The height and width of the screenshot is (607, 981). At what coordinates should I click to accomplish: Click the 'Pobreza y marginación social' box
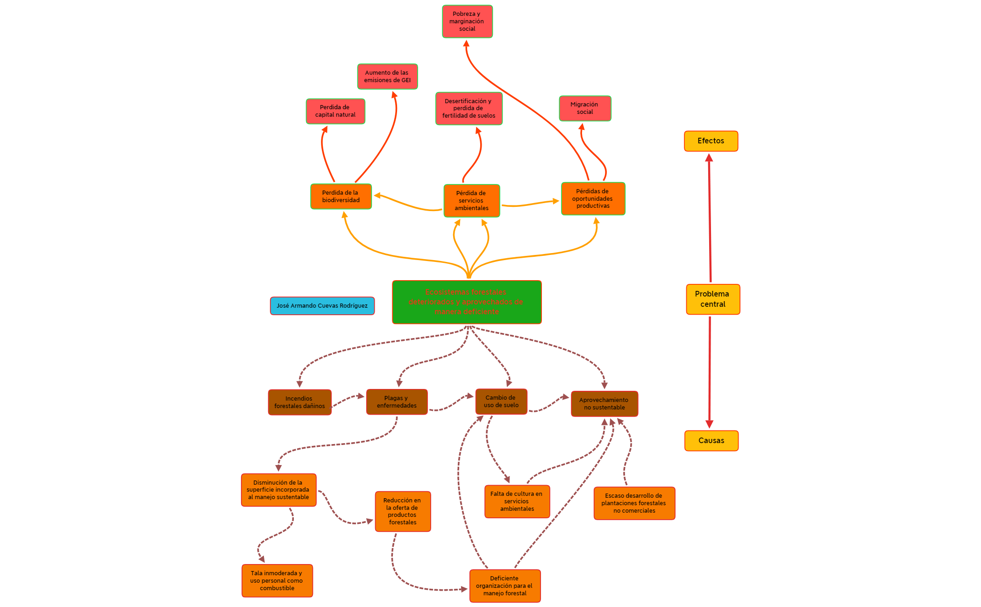[467, 21]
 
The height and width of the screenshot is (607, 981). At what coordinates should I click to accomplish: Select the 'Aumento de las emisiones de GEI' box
[387, 77]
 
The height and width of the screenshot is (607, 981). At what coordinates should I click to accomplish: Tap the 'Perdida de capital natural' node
[335, 111]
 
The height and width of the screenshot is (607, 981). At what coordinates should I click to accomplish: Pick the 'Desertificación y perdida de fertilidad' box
[469, 108]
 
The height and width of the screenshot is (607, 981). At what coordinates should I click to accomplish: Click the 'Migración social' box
[585, 108]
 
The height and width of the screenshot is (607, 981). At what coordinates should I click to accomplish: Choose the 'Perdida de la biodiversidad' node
[341, 197]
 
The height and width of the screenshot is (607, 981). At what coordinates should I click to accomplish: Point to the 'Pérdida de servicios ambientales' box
[471, 201]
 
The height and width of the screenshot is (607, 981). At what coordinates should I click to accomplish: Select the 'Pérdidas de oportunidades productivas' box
[593, 198]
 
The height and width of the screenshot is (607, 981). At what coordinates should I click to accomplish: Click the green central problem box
[467, 302]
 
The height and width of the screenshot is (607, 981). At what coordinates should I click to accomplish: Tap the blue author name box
[322, 306]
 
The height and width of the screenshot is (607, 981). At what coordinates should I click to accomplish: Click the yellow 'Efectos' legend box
[711, 141]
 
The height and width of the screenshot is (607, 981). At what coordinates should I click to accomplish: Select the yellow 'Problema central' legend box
[713, 299]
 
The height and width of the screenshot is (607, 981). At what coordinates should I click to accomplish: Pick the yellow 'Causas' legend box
[711, 441]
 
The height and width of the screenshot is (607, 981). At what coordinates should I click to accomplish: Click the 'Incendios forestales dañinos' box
[299, 402]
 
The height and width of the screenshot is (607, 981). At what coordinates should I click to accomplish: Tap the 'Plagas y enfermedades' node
[397, 402]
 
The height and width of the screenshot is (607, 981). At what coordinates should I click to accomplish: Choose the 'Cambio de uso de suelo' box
[501, 402]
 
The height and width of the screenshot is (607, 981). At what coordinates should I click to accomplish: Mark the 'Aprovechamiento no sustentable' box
[604, 404]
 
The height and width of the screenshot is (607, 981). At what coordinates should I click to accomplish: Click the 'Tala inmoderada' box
[277, 581]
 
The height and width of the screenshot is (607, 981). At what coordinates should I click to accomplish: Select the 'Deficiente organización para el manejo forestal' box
[505, 586]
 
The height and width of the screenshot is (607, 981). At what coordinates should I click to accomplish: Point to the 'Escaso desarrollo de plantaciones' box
[634, 503]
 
